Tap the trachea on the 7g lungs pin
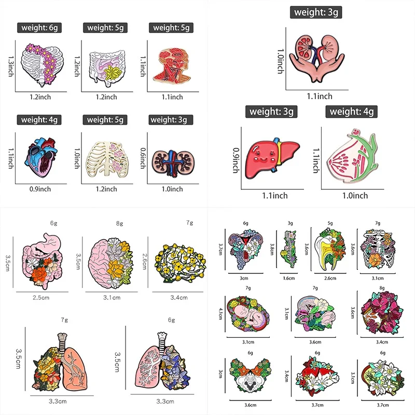point(62,342)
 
